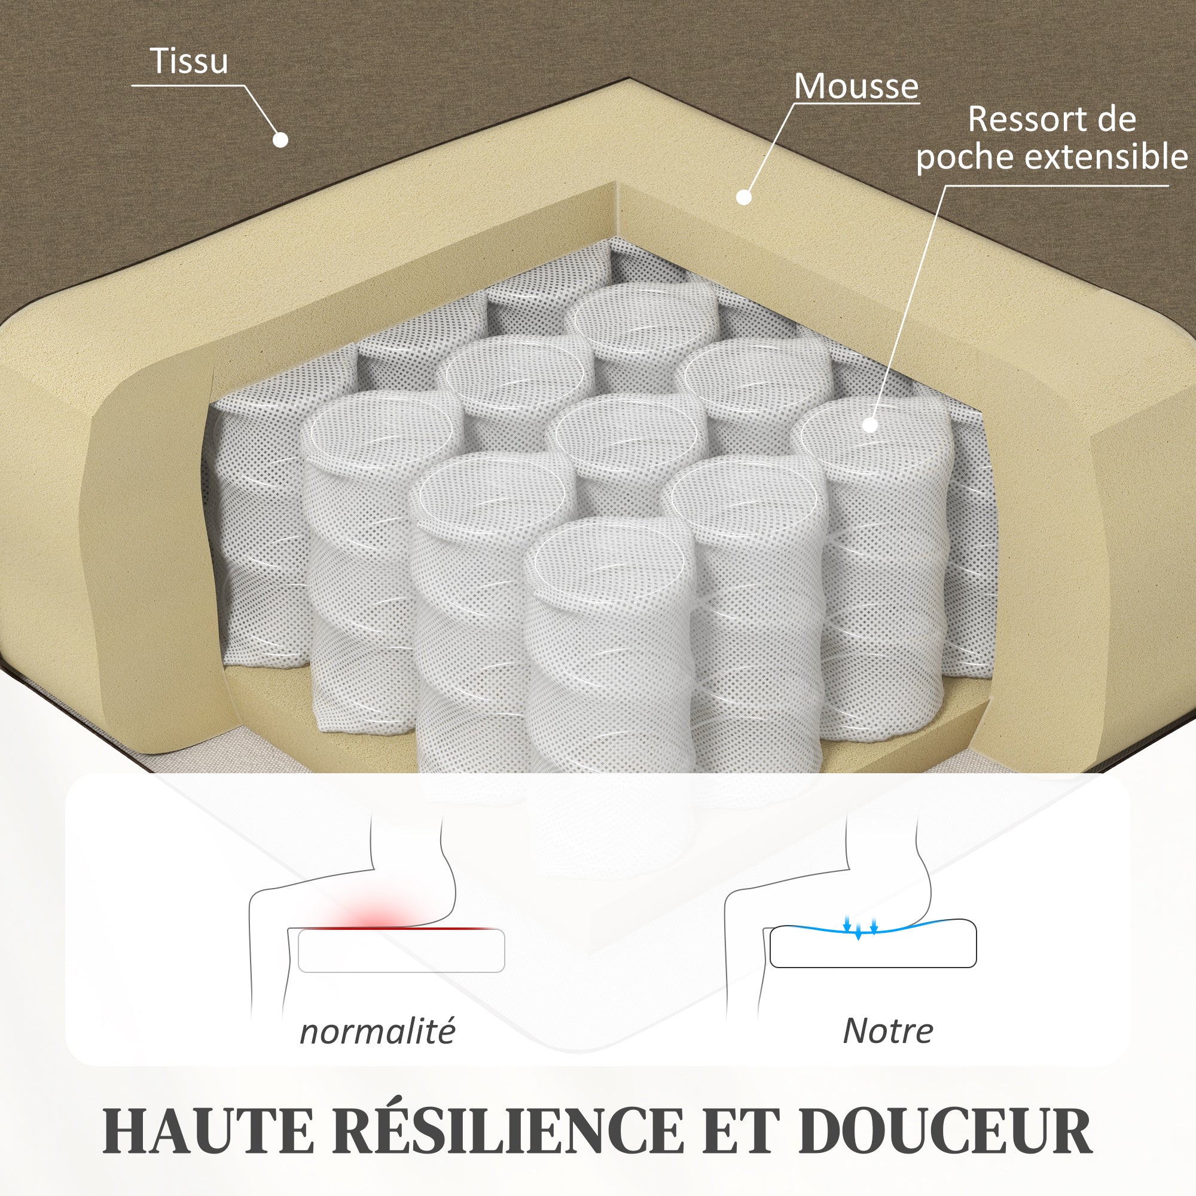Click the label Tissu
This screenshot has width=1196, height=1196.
[x=189, y=61]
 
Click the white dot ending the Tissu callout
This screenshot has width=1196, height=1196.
[x=280, y=140]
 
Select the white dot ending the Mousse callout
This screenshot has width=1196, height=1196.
[x=744, y=197]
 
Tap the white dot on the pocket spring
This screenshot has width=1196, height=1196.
[x=869, y=425]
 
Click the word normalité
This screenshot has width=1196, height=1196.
[x=377, y=1032]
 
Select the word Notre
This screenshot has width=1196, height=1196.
[x=887, y=1031]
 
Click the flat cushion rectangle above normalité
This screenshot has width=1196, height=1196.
[x=401, y=951]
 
